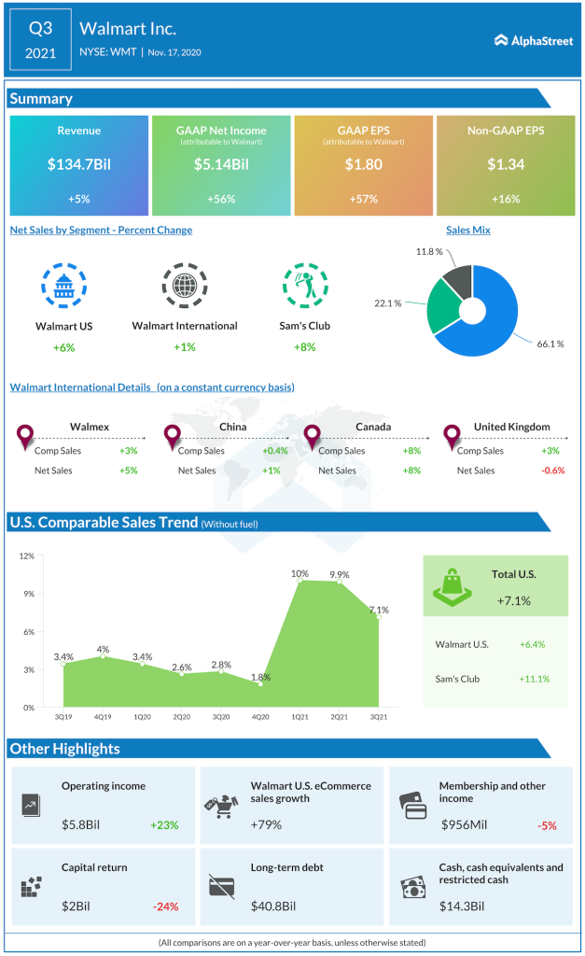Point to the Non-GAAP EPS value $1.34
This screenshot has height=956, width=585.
point(505,164)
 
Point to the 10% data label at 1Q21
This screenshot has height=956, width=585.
point(299,573)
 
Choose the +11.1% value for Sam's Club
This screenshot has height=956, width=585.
point(534,679)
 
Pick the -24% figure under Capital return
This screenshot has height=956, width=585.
point(165,906)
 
